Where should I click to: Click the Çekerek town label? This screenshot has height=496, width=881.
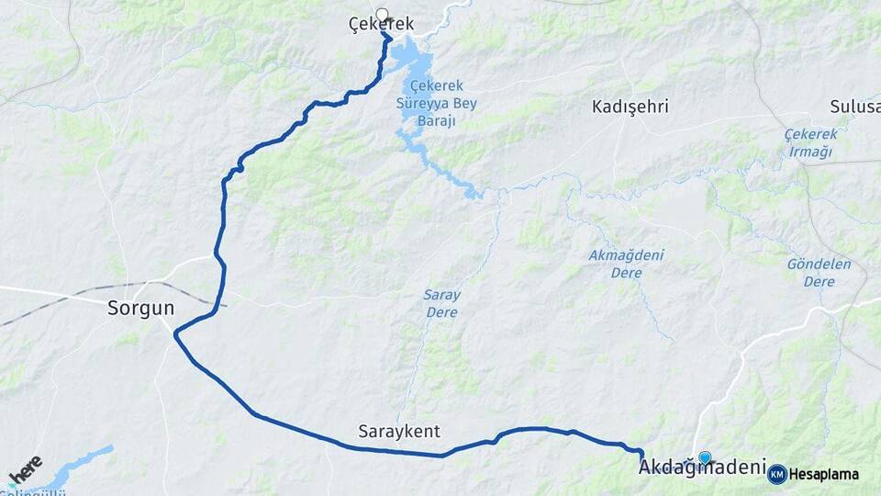coord(382,25)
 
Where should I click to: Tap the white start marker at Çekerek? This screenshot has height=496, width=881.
coord(382,15)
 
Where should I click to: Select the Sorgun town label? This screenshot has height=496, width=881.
coord(140,308)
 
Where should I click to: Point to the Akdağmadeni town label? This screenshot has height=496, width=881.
coord(702,468)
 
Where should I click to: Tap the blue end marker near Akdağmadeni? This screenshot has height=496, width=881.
coord(705,457)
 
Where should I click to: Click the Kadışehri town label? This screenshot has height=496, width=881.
coord(630,107)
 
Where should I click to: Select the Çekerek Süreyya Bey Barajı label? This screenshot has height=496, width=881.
coord(443,103)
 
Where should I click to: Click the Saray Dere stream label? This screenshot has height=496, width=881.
coord(441,303)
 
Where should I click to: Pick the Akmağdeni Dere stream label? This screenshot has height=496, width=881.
coord(627,264)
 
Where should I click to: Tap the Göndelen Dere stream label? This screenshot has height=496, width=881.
coord(819,273)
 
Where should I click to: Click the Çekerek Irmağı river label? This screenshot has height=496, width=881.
coord(810,142)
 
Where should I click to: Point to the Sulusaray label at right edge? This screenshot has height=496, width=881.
coord(854,107)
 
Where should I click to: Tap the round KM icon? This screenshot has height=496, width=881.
coord(777,474)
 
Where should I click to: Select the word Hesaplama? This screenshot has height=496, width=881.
coord(823,475)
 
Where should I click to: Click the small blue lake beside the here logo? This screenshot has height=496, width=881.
coord(83,465)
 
